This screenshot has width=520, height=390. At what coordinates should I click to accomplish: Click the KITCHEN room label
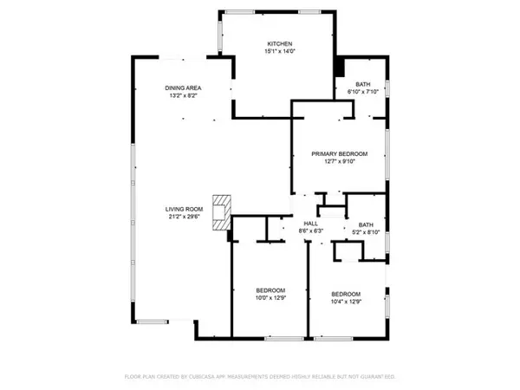click(x=278, y=43)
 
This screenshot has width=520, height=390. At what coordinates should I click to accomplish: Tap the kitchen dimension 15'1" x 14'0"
click(x=278, y=52)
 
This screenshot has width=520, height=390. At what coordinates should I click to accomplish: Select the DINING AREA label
click(x=184, y=88)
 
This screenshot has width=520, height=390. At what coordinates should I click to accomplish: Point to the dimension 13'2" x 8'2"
click(x=184, y=97)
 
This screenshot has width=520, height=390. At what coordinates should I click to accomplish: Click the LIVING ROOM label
click(x=185, y=210)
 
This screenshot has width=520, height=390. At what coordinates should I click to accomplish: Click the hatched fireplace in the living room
click(x=224, y=211)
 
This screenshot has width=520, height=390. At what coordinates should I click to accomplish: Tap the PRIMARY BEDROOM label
click(x=340, y=153)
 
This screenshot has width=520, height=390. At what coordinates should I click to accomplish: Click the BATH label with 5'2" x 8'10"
click(x=366, y=224)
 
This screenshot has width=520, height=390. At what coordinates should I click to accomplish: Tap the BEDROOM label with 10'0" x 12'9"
click(x=270, y=290)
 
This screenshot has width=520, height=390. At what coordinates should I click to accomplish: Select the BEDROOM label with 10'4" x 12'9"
click(x=346, y=294)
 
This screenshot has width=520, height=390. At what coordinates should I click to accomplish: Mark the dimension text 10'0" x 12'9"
click(x=270, y=299)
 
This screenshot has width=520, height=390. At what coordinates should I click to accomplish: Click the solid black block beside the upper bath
click(x=339, y=68)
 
